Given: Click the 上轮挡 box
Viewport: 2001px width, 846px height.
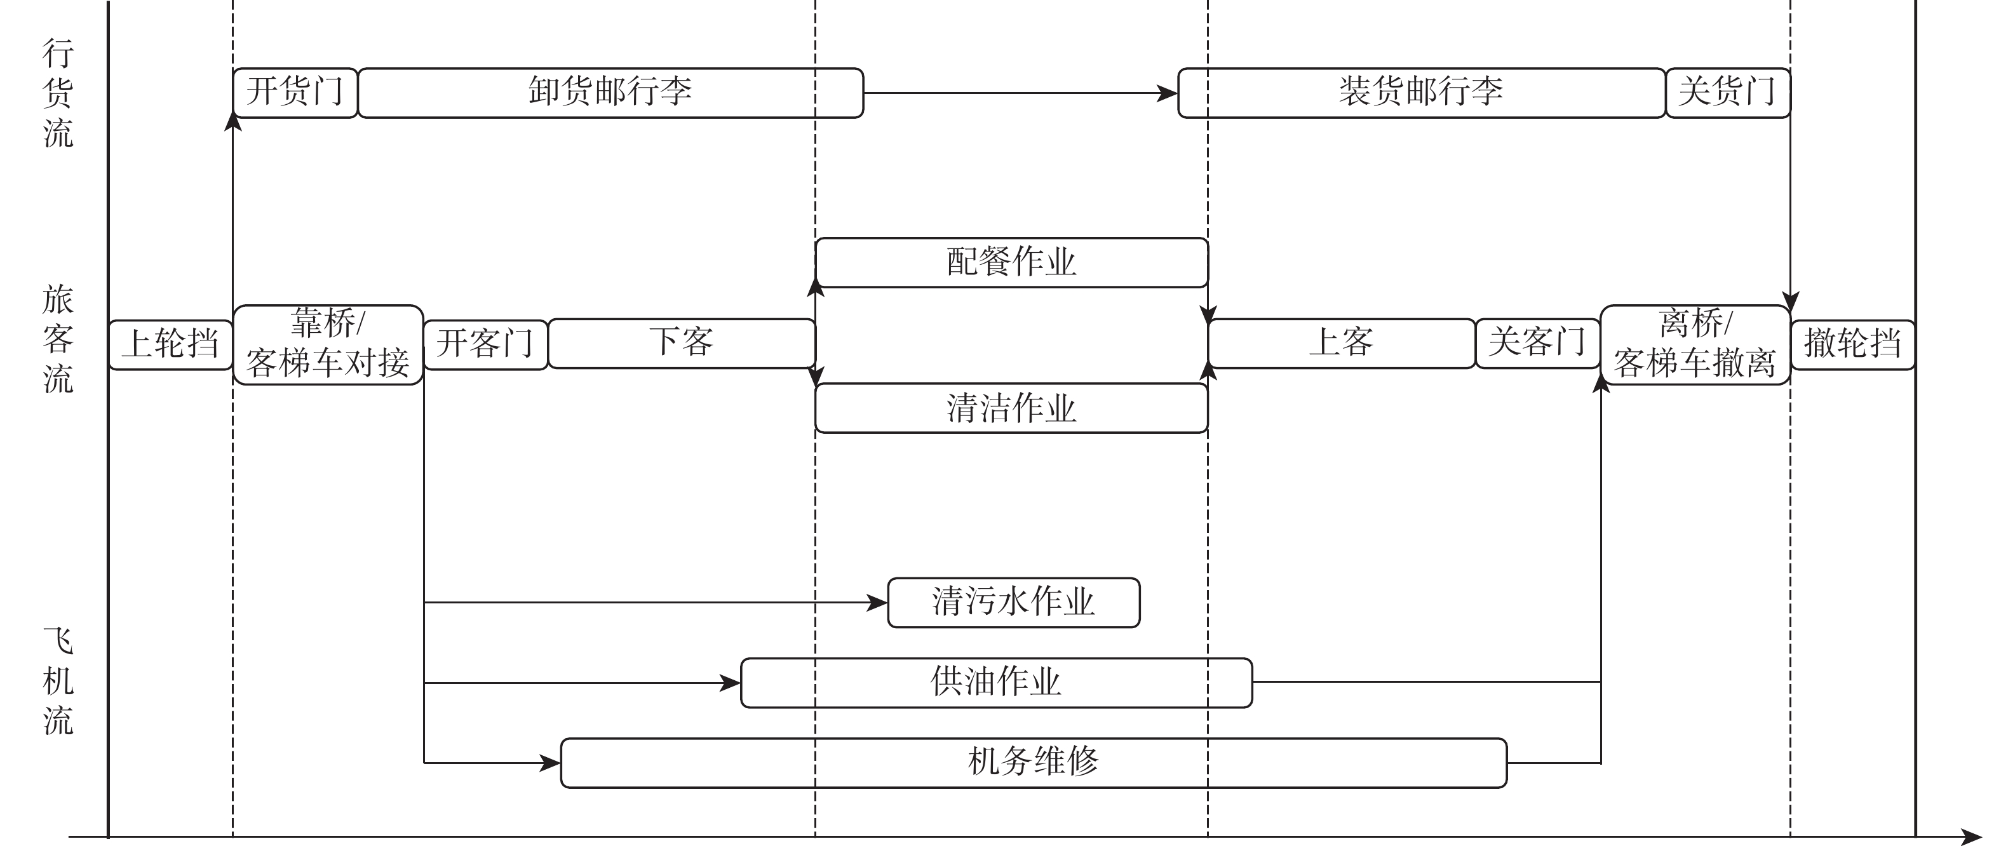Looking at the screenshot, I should pos(171,344).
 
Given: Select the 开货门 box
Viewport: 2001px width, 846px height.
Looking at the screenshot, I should pos(295,93).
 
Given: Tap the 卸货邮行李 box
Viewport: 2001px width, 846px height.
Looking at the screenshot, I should pos(610,93).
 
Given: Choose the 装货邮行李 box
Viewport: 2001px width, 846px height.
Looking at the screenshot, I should pos(1422,93).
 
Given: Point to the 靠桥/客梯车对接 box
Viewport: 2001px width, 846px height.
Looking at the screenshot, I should pos(328,344).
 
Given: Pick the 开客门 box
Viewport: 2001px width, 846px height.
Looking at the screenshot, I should pos(485,344).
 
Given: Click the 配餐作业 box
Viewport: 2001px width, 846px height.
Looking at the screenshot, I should pos(1011,262).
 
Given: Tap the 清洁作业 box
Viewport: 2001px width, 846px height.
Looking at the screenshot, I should pos(1011,408).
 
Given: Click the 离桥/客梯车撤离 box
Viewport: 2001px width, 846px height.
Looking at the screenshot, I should pos(1695,344).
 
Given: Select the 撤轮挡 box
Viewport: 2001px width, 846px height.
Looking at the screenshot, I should pos(1852,344).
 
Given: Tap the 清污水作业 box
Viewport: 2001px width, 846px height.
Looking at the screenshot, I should pos(1014,602).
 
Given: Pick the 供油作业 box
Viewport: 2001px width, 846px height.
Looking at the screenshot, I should pos(997,683).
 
